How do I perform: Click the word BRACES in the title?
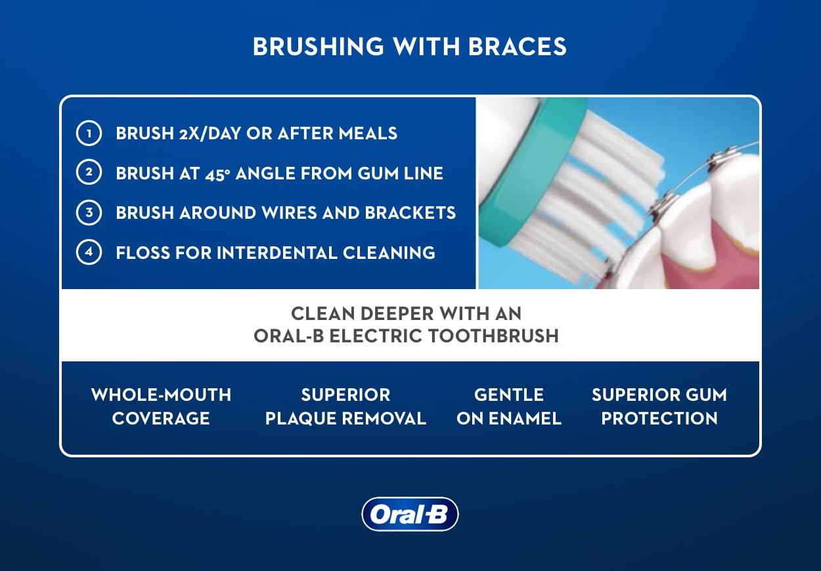coord(517,47)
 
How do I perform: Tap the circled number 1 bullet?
coord(89,133)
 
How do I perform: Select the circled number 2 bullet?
coord(89,172)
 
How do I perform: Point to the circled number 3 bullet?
coord(89,212)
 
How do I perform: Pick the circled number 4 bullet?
coord(89,252)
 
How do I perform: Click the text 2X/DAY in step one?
coord(210,133)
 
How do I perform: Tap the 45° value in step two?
coord(217,173)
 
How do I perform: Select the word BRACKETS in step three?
coord(411,213)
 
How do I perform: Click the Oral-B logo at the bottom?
coord(410,514)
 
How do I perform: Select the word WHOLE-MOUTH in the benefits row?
coord(162,395)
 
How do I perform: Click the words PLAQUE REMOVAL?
coord(345,419)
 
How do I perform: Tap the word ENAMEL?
coord(525,419)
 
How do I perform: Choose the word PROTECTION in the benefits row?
coord(659,419)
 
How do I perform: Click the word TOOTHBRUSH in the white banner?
coord(493,336)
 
